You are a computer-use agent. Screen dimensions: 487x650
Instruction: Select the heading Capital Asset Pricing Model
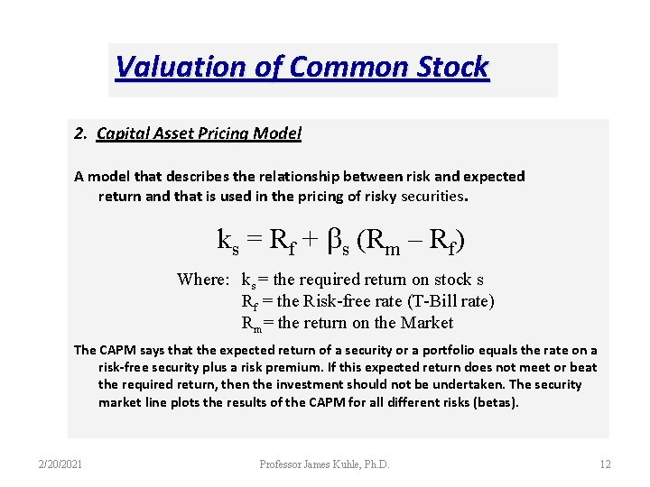199,133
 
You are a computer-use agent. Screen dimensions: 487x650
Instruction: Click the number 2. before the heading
81,133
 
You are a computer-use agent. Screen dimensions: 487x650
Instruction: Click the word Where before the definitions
203,279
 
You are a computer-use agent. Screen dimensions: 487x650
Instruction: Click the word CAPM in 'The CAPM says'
120,350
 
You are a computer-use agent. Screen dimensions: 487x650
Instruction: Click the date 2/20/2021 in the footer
60,464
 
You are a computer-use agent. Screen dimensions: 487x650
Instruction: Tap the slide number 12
605,464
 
